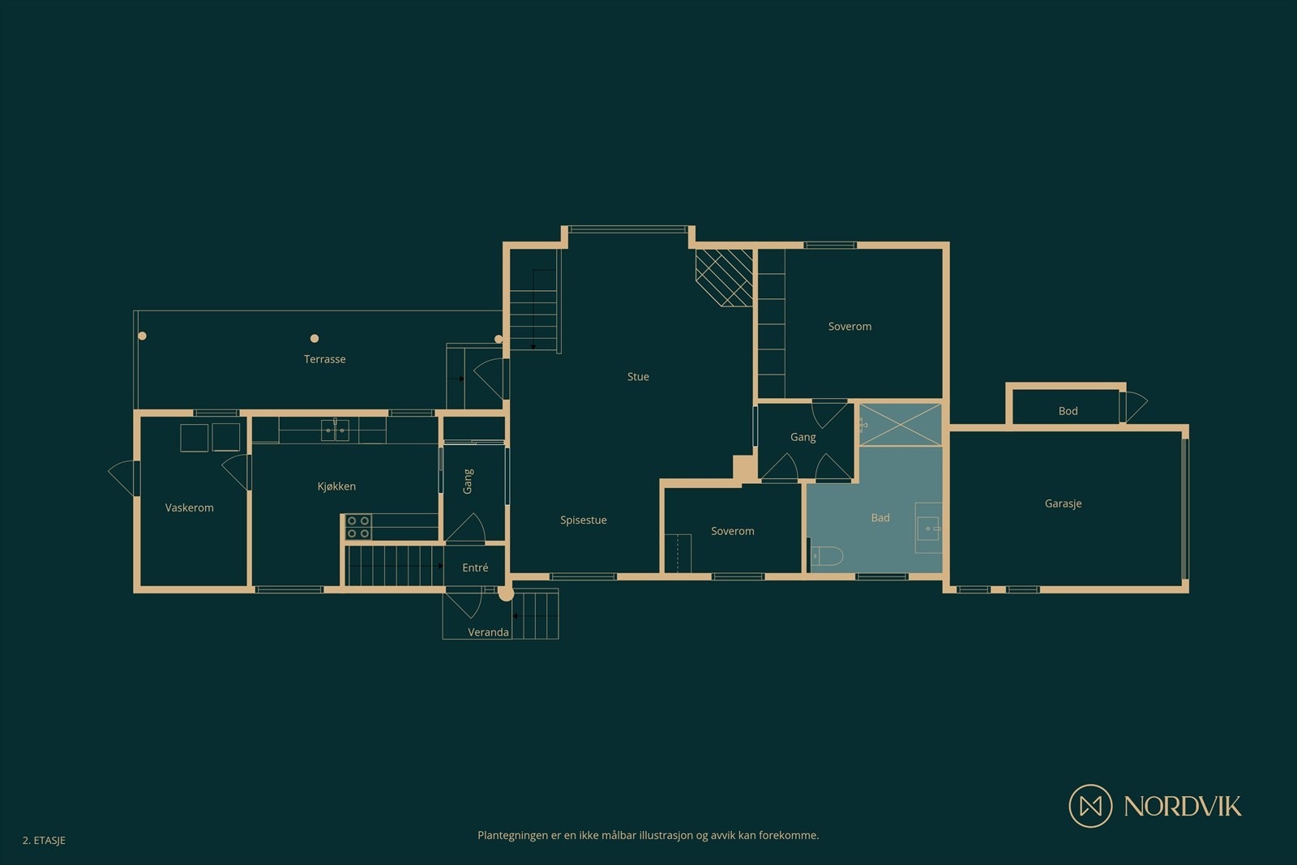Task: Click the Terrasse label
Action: coord(324,359)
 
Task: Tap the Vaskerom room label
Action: coord(189,507)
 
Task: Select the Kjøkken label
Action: coord(336,486)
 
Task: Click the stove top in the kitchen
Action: coord(358,527)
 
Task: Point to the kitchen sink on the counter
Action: coord(335,430)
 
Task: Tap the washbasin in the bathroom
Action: coord(928,529)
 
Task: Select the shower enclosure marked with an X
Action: coord(901,424)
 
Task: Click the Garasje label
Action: coord(1063,503)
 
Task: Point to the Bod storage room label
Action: coord(1068,411)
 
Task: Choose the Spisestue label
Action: coord(583,520)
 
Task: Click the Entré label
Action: coord(475,568)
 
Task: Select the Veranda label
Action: coord(488,632)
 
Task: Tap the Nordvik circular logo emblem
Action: coord(1090,806)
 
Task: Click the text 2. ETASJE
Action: coord(44,841)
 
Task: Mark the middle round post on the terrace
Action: coord(315,338)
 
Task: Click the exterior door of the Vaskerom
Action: coord(124,478)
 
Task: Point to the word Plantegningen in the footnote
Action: coord(512,835)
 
